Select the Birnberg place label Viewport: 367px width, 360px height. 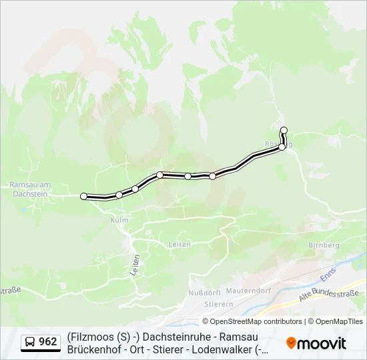tap(324, 245)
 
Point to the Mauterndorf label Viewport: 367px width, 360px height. tap(248, 291)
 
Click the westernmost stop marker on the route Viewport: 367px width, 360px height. tap(84, 196)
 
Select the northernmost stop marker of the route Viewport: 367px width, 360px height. tap(284, 130)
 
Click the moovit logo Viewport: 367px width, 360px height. tap(316, 343)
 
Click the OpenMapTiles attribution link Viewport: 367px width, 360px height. tap(339, 321)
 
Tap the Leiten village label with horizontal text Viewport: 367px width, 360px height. tap(179, 245)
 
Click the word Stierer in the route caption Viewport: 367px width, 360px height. tap(169, 349)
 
